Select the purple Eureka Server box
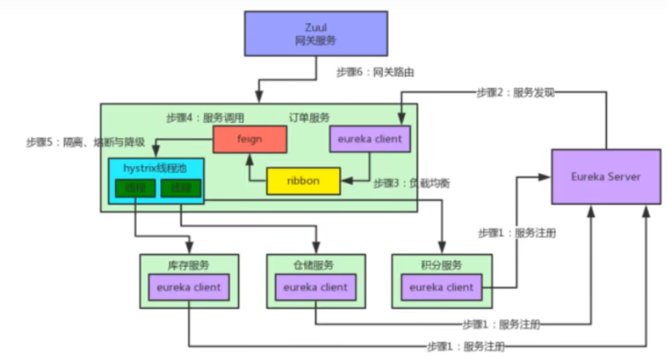click(605, 177)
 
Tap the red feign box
click(249, 139)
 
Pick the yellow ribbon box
click(303, 181)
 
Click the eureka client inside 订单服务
click(369, 139)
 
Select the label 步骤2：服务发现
click(515, 93)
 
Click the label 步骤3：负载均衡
click(411, 183)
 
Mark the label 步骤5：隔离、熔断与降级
click(85, 142)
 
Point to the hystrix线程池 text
click(146, 167)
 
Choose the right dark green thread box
click(181, 188)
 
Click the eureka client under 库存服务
click(188, 287)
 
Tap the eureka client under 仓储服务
click(315, 287)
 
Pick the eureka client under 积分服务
click(441, 287)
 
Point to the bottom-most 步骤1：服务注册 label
click(466, 346)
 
